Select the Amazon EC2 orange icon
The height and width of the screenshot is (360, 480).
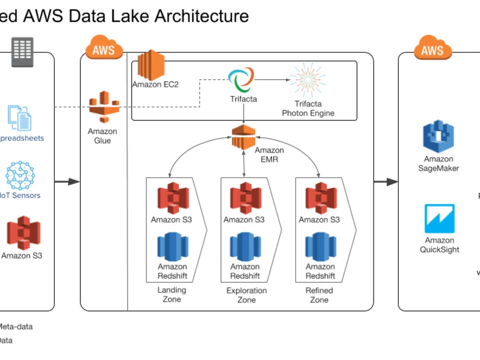(151, 65)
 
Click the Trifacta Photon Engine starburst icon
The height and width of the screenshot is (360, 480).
(308, 80)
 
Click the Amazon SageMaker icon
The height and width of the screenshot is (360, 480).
(438, 137)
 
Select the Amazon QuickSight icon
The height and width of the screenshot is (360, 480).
(439, 219)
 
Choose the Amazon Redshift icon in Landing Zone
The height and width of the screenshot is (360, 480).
(172, 247)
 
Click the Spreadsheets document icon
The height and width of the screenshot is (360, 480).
(20, 118)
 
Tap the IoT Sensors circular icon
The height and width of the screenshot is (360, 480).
(20, 176)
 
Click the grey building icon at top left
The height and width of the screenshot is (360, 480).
(23, 51)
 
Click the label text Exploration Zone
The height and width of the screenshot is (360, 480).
(246, 295)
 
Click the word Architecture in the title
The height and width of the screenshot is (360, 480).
(202, 16)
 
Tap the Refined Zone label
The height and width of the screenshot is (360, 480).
(319, 295)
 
